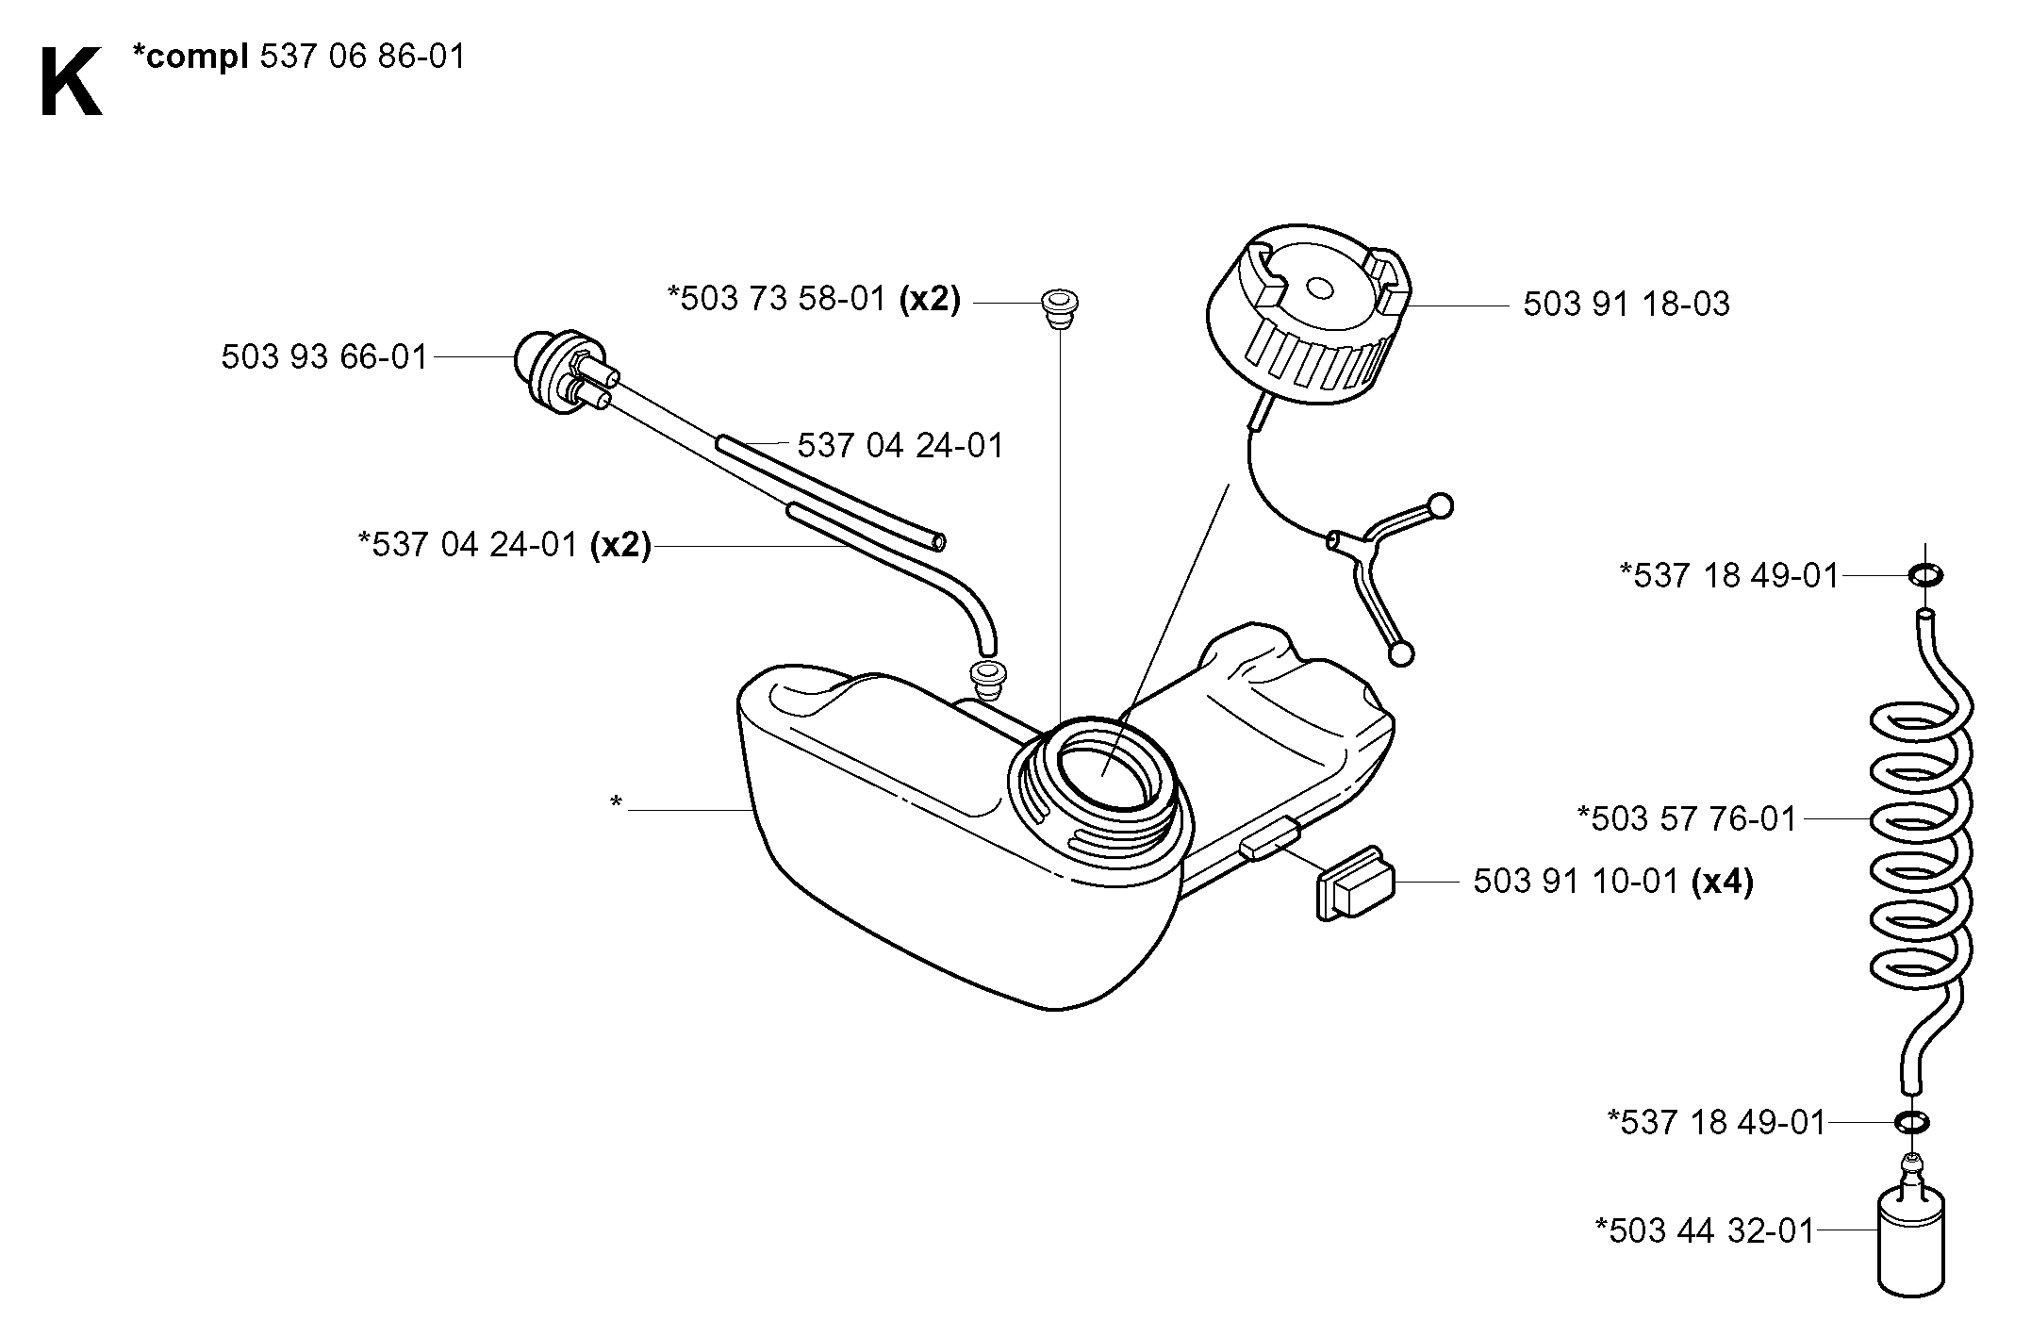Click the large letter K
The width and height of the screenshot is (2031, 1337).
[x=72, y=83]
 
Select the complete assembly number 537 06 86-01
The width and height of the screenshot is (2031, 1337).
[x=362, y=57]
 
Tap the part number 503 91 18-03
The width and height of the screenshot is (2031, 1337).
[x=1626, y=305]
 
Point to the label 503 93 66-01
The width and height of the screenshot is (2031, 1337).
[x=325, y=357]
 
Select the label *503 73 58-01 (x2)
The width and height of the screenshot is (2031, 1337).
[x=814, y=299]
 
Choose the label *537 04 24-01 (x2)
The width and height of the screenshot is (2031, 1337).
[x=504, y=545]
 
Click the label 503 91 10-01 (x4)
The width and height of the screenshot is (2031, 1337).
[x=1613, y=882]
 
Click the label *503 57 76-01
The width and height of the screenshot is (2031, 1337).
[x=1688, y=818]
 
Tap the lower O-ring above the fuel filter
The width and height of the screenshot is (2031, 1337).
[x=1911, y=1122]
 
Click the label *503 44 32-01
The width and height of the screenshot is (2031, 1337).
[x=1705, y=1231]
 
